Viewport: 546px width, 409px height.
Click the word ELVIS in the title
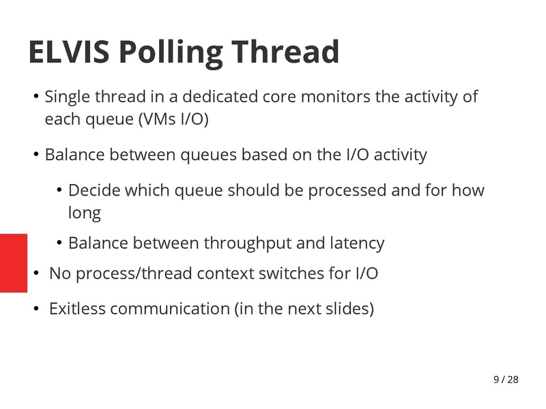pos(66,52)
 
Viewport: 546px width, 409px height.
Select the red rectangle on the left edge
pos(14,262)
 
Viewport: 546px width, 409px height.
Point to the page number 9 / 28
pos(506,379)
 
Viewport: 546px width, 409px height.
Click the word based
pos(264,155)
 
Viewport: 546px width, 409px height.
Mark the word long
pos(85,213)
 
